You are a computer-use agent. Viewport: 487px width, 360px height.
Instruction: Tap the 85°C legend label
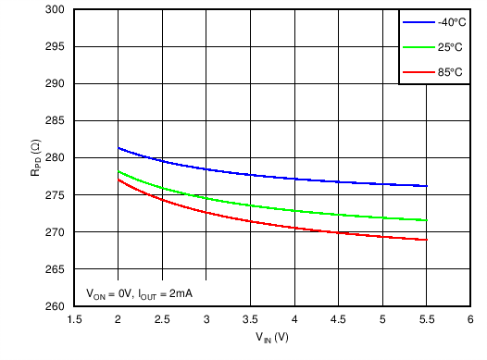click(451, 71)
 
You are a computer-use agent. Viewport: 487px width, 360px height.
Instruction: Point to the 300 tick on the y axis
click(56, 9)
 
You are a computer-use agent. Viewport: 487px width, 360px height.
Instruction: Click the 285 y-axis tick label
click(56, 120)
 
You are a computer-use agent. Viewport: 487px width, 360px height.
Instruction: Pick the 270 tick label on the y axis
click(56, 231)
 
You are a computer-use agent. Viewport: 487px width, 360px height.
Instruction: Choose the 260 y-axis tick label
click(56, 306)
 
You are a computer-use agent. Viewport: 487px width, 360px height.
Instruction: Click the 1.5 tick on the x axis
click(74, 319)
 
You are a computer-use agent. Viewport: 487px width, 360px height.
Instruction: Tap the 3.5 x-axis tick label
click(250, 319)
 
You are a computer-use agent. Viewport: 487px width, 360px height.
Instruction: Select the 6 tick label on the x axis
click(470, 319)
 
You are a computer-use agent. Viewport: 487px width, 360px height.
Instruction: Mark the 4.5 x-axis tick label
click(338, 319)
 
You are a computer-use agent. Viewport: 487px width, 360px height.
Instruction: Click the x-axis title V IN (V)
click(272, 338)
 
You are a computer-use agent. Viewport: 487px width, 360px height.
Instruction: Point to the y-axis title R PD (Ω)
click(34, 157)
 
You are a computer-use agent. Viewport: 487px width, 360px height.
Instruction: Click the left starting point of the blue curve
click(119, 148)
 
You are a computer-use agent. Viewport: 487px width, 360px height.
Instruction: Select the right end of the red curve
click(427, 240)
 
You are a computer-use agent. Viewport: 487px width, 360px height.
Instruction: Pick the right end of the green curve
click(427, 220)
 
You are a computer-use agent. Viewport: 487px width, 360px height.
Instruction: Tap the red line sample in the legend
click(417, 71)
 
